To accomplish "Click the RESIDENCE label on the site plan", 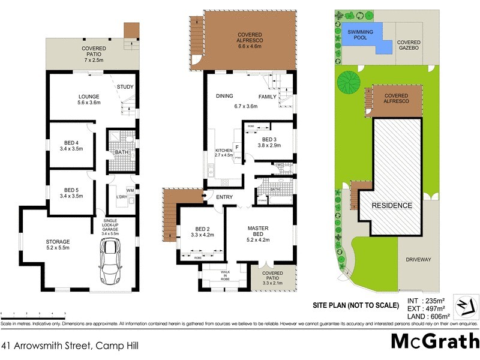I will tap(392, 205).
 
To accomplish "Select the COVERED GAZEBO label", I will tap(408, 46).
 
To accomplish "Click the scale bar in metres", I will tap(34, 314).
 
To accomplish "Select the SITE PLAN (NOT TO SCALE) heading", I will tap(355, 305).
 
